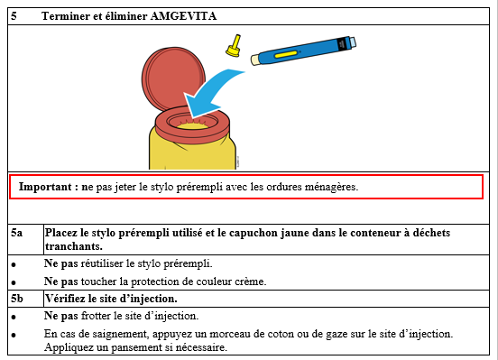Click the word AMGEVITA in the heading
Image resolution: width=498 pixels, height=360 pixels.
click(x=183, y=16)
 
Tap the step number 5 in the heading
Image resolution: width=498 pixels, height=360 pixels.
click(x=14, y=16)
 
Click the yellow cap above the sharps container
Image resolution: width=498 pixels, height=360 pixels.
click(x=234, y=46)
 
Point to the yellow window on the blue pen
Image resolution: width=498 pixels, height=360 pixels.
click(x=286, y=54)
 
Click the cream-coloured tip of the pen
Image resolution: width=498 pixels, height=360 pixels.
click(x=255, y=60)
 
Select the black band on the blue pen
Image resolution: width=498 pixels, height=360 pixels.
click(x=341, y=44)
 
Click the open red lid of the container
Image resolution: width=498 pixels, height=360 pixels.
click(x=173, y=78)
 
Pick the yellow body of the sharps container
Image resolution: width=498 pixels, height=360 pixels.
click(x=192, y=150)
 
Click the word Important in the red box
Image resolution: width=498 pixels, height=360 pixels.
click(x=45, y=187)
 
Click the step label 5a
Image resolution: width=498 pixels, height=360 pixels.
click(x=17, y=233)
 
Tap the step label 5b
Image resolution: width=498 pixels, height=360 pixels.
click(x=17, y=299)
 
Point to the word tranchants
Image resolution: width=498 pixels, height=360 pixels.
click(x=74, y=246)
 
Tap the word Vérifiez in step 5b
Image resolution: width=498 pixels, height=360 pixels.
click(x=65, y=299)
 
